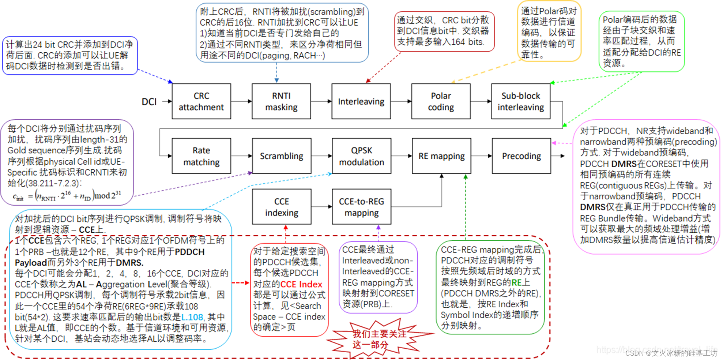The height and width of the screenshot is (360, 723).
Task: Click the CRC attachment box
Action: [201, 101]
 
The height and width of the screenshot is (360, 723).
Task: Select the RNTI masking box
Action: [281, 101]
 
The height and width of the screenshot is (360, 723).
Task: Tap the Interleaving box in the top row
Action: [361, 101]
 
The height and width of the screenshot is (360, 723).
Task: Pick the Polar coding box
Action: [441, 101]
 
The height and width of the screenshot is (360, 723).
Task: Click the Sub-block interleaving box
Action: [520, 101]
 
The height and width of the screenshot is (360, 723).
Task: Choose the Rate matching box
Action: [201, 156]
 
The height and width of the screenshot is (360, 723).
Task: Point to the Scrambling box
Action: [282, 156]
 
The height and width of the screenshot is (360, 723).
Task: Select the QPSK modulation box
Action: [361, 156]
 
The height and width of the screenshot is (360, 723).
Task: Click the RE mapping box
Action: [441, 156]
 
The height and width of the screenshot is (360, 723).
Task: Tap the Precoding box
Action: [521, 156]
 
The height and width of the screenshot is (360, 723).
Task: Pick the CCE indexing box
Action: [282, 207]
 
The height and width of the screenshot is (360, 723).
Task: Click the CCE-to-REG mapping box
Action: [361, 207]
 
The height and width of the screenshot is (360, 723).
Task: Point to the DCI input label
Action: [149, 102]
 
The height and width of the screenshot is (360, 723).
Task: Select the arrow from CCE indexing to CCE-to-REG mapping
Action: [321, 207]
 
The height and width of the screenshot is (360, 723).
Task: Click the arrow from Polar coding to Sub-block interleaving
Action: [481, 101]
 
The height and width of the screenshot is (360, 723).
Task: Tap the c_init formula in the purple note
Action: [67, 196]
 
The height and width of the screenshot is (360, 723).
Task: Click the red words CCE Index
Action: [301, 284]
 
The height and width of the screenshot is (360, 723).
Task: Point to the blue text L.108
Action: [192, 317]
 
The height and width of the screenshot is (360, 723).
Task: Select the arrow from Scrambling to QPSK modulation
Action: [321, 156]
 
